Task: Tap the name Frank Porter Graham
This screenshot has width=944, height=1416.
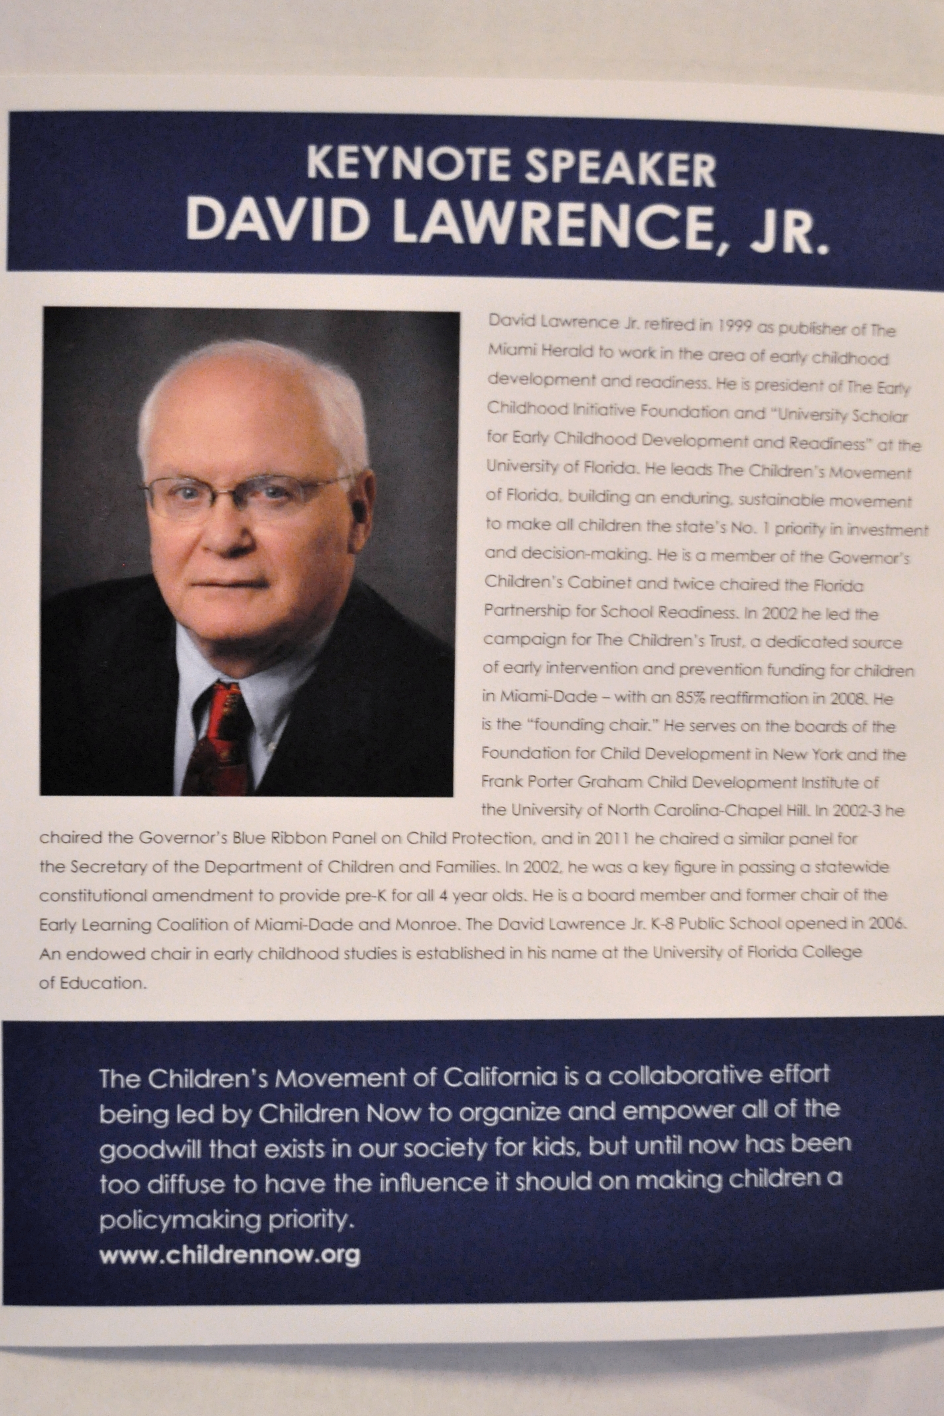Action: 561,782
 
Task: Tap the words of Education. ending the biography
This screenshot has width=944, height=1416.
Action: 93,983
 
